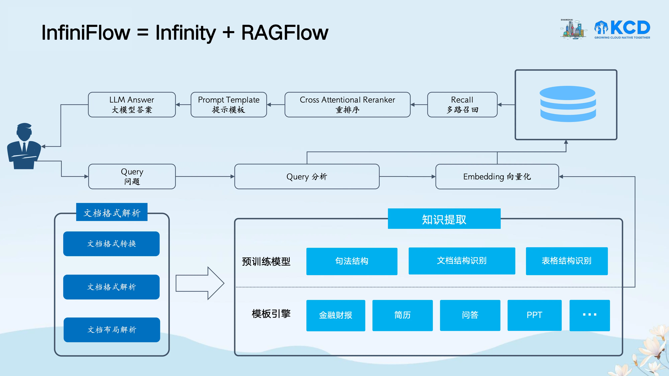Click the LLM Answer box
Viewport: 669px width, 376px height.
click(x=132, y=105)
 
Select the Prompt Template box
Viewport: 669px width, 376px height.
click(x=228, y=105)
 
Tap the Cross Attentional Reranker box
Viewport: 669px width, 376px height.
click(x=347, y=105)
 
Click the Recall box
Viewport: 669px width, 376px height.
click(x=462, y=105)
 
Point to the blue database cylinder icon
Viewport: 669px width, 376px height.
click(x=567, y=104)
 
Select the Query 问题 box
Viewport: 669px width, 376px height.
click(x=132, y=176)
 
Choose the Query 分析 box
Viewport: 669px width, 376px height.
click(x=307, y=176)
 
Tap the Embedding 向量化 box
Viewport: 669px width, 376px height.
click(x=497, y=176)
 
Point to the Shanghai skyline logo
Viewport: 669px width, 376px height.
click(x=573, y=29)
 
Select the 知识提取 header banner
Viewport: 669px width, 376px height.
click(x=444, y=219)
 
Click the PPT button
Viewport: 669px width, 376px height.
click(x=534, y=315)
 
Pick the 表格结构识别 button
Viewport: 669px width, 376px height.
click(x=566, y=261)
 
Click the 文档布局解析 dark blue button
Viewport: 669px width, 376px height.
click(x=112, y=330)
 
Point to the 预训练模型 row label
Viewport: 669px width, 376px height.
click(x=266, y=261)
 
